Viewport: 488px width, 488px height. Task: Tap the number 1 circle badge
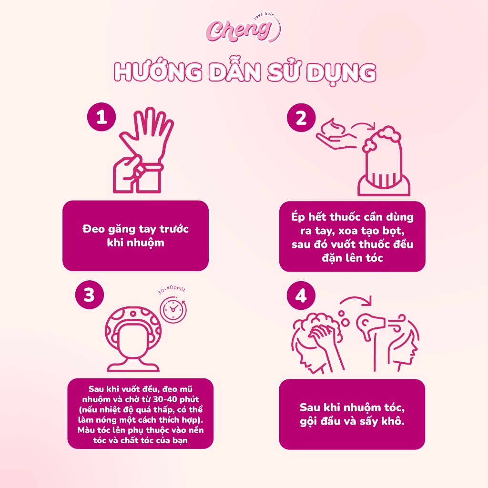click(x=102, y=117)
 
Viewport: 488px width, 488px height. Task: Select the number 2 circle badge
click(x=301, y=118)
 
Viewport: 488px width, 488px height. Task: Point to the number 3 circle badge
click(x=89, y=295)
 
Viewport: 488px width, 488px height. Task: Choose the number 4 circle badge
click(x=301, y=295)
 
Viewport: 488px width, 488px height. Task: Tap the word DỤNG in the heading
click(x=341, y=73)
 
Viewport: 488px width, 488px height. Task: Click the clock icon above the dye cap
click(x=173, y=309)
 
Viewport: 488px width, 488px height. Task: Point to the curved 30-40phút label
click(x=172, y=290)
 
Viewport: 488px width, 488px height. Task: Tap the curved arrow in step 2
click(x=363, y=125)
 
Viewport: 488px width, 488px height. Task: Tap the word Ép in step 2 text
click(x=298, y=217)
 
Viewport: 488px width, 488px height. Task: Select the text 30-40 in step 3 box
click(x=164, y=399)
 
